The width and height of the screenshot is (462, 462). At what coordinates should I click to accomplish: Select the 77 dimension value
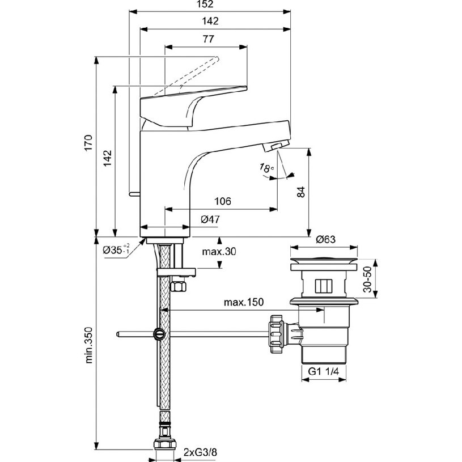[x=208, y=39]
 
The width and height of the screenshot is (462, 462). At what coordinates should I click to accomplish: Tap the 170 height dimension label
[x=88, y=143]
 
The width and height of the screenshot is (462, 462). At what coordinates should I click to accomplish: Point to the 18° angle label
[x=266, y=168]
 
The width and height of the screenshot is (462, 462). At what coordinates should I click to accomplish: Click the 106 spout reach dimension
[x=223, y=201]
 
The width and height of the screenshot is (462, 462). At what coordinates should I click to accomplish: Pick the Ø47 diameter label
[x=210, y=219]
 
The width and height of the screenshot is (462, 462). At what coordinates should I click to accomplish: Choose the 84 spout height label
[x=301, y=192]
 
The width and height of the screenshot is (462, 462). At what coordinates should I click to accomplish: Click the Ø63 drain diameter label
[x=325, y=239]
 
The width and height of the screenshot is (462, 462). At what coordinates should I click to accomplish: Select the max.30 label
[x=219, y=252]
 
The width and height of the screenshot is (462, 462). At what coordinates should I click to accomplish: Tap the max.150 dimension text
[x=244, y=302]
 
